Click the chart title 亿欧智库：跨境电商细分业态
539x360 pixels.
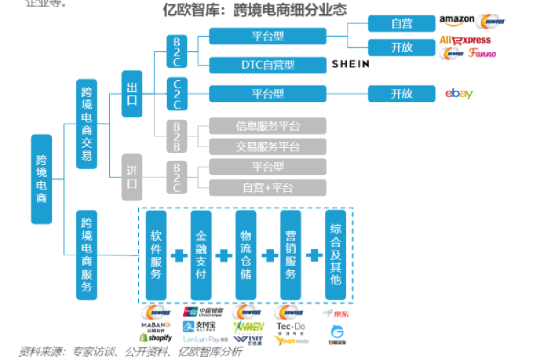[x=255, y=10]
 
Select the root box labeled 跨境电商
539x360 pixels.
[x=41, y=179]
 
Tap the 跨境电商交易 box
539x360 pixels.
[x=87, y=123]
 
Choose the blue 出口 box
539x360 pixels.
[x=132, y=93]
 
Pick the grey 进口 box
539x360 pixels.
[x=132, y=177]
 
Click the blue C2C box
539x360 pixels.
[x=177, y=93]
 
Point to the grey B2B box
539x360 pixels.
[x=177, y=135]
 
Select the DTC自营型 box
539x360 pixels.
[x=268, y=65]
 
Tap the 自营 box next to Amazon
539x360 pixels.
[x=401, y=23]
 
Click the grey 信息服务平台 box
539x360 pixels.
[x=268, y=126]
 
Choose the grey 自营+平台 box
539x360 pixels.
[x=268, y=188]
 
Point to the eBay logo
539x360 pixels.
[x=458, y=93]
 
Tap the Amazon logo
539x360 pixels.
[x=456, y=20]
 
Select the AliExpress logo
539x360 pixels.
[x=465, y=40]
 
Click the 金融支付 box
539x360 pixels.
[x=201, y=255]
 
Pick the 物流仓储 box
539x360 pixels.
[x=246, y=255]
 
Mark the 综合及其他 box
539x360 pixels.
[x=335, y=255]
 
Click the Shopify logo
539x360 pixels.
[x=156, y=338]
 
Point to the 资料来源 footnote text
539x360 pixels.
[x=130, y=352]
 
